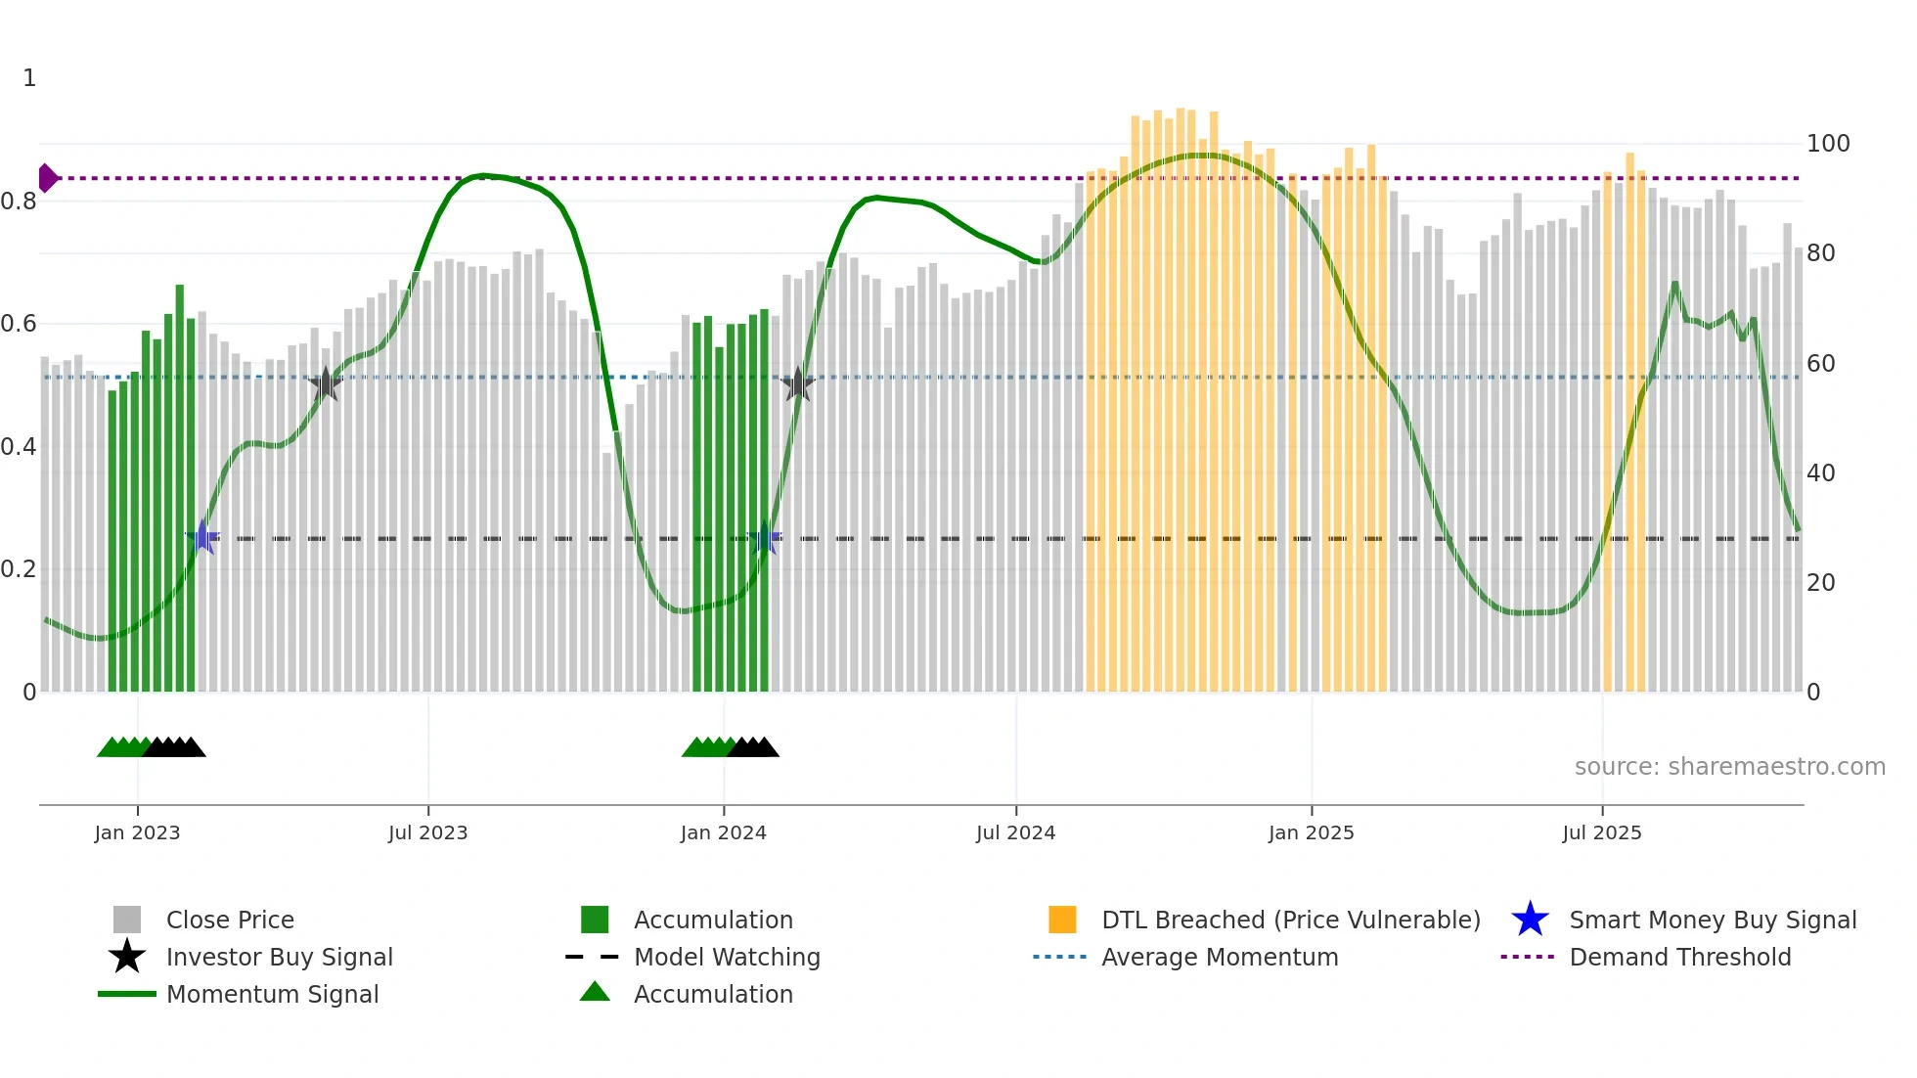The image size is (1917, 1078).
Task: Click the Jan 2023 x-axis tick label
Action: click(x=137, y=832)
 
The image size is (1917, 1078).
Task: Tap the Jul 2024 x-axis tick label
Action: click(x=1015, y=832)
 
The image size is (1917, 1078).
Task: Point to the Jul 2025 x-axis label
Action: click(x=1601, y=832)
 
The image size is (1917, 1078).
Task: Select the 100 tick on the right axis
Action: click(x=1827, y=144)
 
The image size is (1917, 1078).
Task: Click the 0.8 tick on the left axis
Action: click(x=20, y=202)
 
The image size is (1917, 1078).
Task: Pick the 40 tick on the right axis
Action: click(x=1820, y=473)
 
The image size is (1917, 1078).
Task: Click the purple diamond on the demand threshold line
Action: click(x=46, y=178)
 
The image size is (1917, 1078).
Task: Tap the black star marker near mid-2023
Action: click(x=326, y=384)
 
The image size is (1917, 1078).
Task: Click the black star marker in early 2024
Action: click(x=798, y=384)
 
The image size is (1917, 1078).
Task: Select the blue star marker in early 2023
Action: click(x=202, y=537)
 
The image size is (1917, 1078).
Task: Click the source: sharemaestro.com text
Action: click(x=1729, y=767)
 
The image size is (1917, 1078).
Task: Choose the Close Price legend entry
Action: click(x=230, y=920)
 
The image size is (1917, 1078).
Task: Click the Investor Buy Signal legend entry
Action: click(x=279, y=957)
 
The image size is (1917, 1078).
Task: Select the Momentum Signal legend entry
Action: click(x=272, y=994)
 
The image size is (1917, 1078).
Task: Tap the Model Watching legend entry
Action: click(x=726, y=957)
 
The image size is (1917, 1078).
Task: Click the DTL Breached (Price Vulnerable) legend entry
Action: click(x=1290, y=920)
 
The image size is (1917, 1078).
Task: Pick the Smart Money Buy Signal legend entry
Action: click(x=1712, y=920)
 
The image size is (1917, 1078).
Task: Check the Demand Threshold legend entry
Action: click(x=1679, y=957)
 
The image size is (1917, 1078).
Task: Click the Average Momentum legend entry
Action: click(x=1219, y=957)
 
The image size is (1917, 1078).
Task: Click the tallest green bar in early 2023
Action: click(x=180, y=489)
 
